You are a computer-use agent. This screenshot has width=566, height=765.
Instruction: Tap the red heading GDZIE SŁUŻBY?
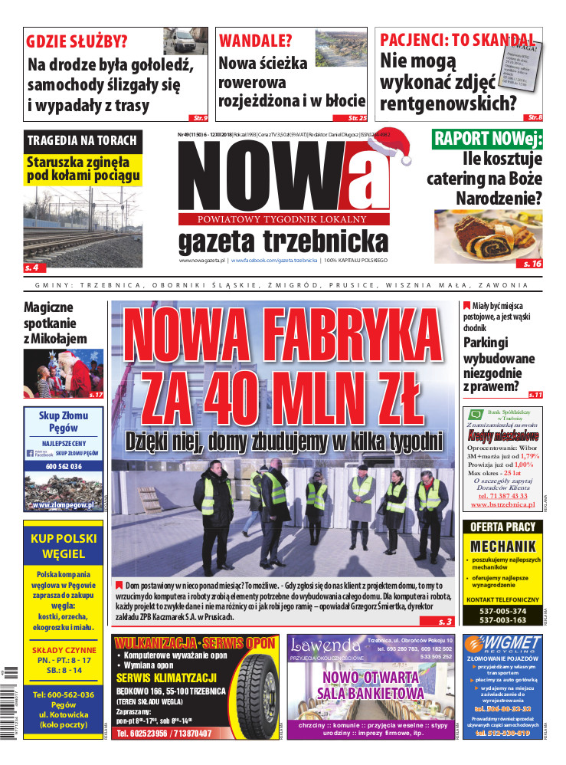(x=77, y=41)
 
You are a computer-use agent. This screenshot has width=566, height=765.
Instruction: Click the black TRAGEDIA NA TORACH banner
(x=82, y=140)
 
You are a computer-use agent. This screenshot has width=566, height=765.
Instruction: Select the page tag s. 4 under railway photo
(x=35, y=268)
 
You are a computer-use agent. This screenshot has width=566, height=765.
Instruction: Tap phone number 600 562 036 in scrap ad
(x=64, y=466)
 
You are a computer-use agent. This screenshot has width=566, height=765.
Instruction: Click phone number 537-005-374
(x=502, y=610)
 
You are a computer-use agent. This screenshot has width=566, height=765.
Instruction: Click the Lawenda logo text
(x=326, y=645)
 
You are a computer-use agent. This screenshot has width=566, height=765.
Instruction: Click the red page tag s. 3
(x=446, y=621)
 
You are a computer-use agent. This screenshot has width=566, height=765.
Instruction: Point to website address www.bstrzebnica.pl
(x=502, y=505)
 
